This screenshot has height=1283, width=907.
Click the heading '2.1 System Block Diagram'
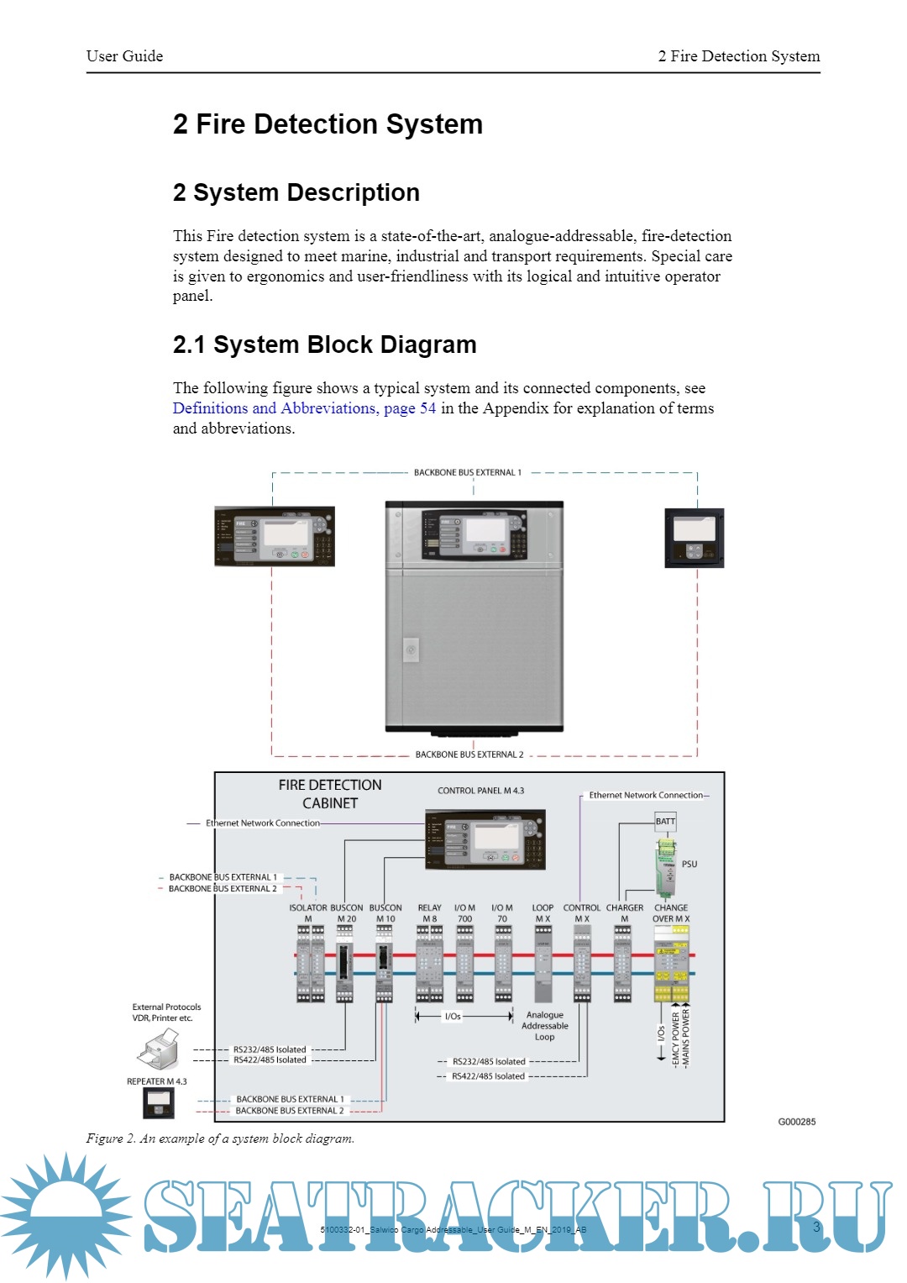(324, 344)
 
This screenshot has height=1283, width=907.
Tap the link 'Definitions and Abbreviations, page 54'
(304, 408)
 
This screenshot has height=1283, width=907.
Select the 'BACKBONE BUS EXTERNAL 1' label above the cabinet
(467, 472)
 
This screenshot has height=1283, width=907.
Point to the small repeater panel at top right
(694, 538)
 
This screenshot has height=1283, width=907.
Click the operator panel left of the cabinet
(275, 536)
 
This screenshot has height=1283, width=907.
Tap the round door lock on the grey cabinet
(411, 649)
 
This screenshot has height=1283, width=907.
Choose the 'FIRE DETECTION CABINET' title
(330, 794)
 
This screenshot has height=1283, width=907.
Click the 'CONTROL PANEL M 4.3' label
(480, 791)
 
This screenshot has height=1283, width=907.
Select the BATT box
(665, 822)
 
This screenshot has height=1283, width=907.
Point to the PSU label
(689, 864)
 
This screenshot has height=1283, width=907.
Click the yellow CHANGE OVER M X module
(672, 965)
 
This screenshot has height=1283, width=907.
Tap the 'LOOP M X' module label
(543, 913)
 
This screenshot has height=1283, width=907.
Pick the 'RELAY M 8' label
(429, 913)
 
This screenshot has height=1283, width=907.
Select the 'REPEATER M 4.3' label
(157, 1081)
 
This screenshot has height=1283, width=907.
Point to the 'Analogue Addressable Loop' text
(545, 1026)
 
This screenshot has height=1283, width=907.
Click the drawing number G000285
(796, 1122)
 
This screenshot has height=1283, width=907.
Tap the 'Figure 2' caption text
(220, 1138)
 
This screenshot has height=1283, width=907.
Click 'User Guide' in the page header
(124, 56)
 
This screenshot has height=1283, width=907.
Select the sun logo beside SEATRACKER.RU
(66, 1215)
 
